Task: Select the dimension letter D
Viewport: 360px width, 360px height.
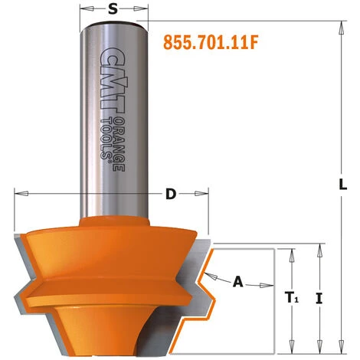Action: tap(170, 194)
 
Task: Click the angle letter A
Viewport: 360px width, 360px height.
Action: tap(237, 282)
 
